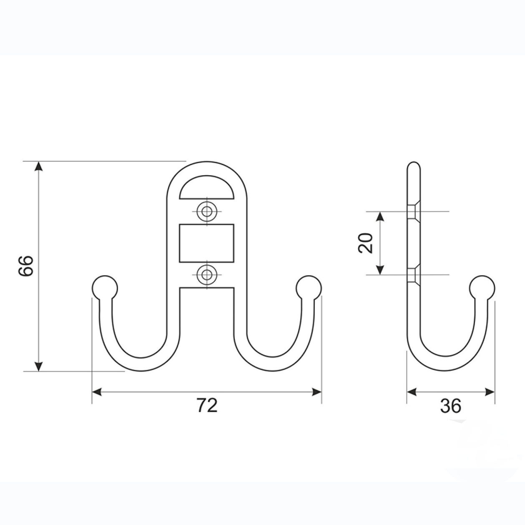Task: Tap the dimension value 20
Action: (x=366, y=243)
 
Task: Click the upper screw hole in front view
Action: (x=207, y=211)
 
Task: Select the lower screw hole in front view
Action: (x=207, y=275)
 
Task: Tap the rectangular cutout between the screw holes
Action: (x=206, y=243)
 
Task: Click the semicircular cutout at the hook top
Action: (x=206, y=188)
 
